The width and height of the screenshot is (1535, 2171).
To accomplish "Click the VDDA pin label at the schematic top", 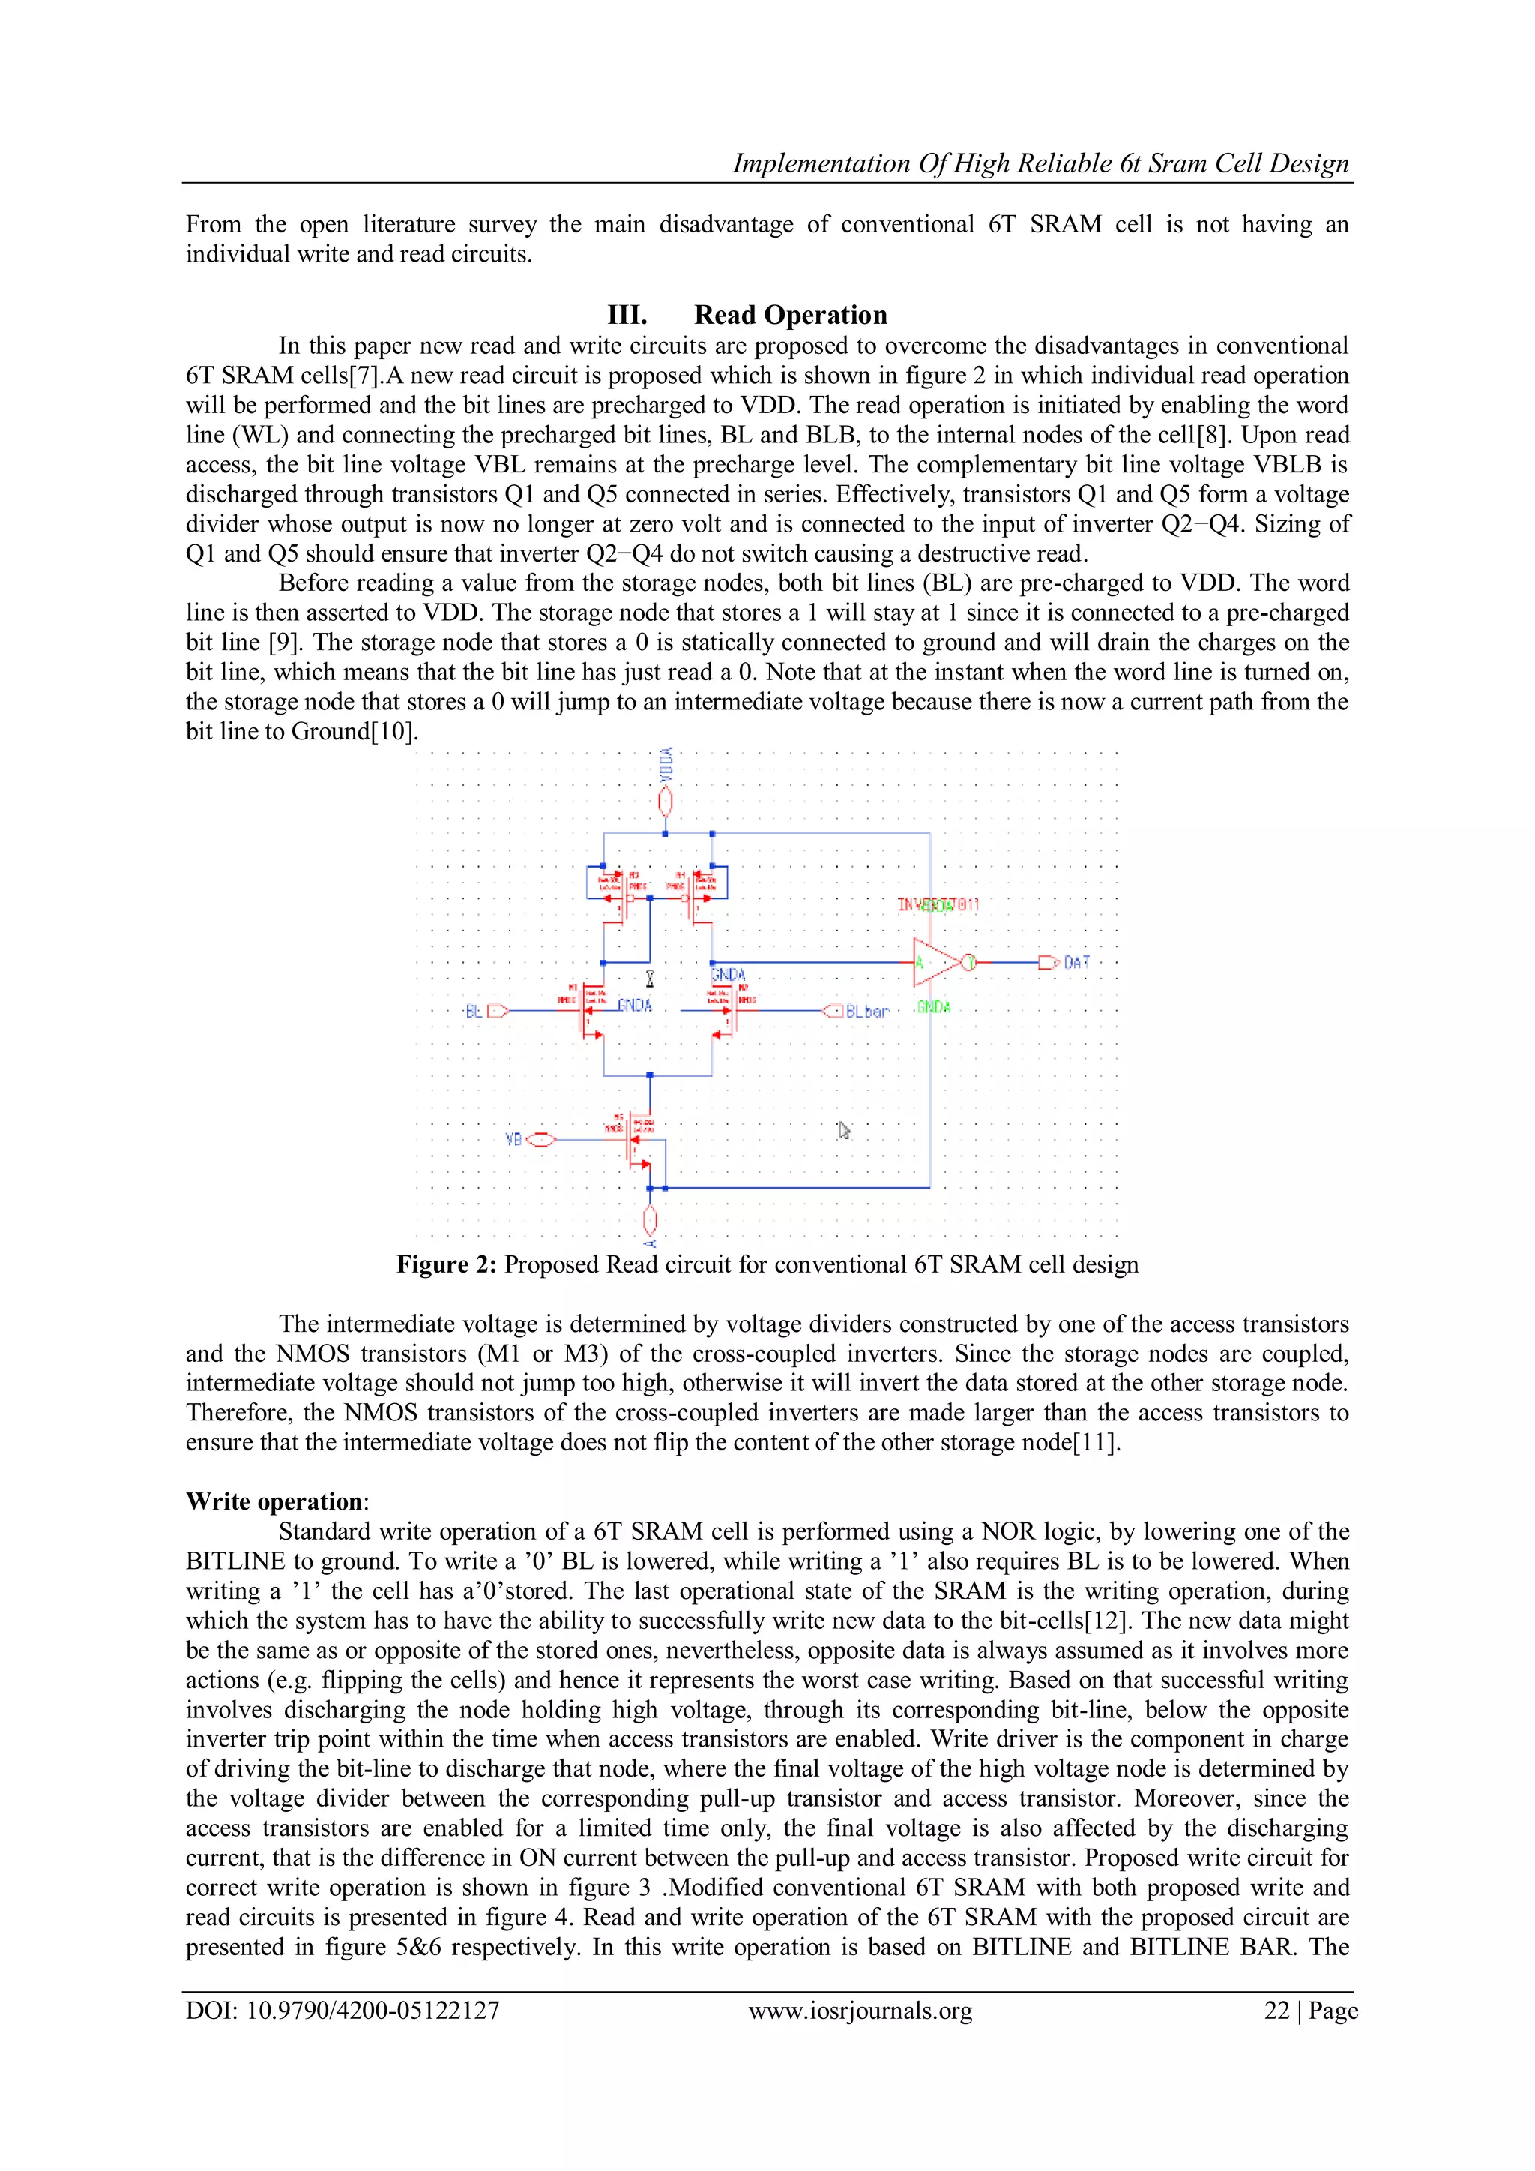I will (666, 765).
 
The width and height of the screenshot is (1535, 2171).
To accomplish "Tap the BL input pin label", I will (474, 1011).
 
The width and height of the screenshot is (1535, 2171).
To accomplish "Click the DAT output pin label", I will (1076, 963).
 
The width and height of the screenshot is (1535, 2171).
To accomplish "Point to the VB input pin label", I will (514, 1139).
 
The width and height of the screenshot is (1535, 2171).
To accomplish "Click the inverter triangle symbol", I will (935, 963).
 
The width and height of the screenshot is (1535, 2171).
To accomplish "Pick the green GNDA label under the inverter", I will (933, 1007).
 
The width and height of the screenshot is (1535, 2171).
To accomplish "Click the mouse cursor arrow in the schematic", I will (844, 1130).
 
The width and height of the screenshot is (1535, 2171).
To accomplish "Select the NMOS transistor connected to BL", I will (590, 1010).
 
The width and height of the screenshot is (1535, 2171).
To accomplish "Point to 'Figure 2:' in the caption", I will (446, 1264).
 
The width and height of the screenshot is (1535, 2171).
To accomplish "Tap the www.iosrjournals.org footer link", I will (860, 2011).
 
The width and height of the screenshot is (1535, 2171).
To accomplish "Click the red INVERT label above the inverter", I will (938, 905).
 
